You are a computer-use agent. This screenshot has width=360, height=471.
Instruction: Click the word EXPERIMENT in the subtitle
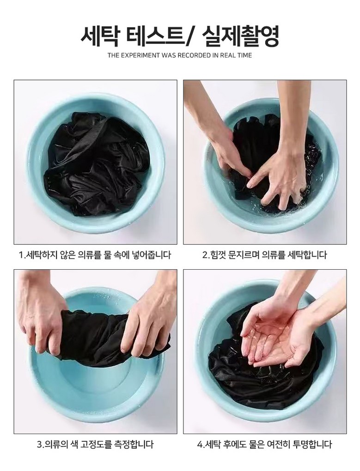click(x=139, y=55)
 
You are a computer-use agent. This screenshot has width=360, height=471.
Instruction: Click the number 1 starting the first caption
click(x=21, y=255)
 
